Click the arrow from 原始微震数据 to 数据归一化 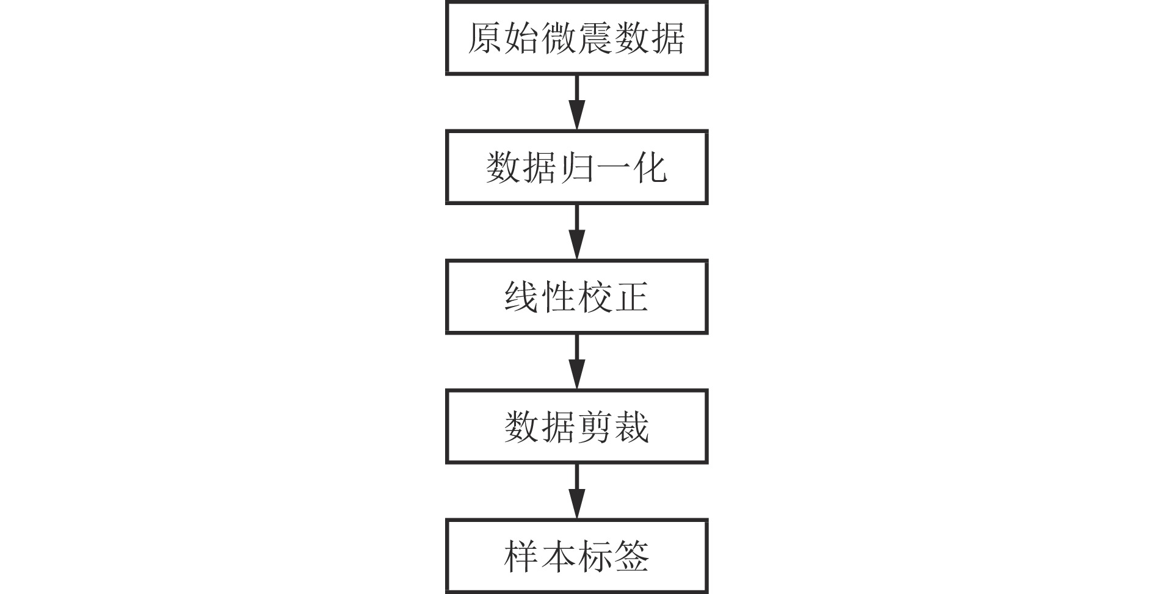[x=576, y=103]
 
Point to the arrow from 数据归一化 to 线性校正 [x=576, y=232]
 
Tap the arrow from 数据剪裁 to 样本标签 [x=576, y=491]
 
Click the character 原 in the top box [x=486, y=38]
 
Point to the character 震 [x=594, y=38]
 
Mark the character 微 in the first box [x=558, y=38]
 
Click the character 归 [x=576, y=167]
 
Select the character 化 [x=649, y=167]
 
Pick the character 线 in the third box [x=522, y=297]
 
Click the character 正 [x=631, y=297]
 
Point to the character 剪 [x=594, y=427]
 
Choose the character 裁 [x=631, y=427]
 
